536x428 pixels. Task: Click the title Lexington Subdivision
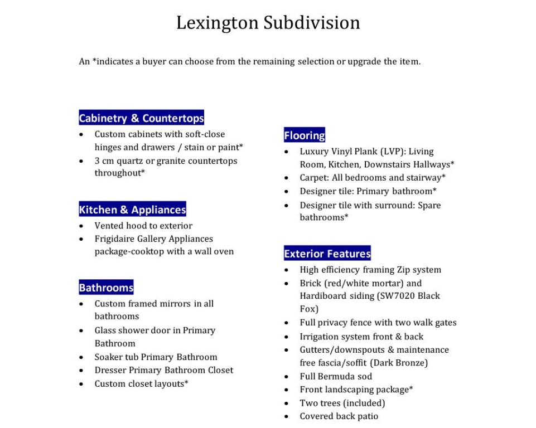click(268, 23)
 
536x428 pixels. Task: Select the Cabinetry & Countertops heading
click(141, 118)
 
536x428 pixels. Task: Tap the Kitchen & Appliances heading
click(132, 210)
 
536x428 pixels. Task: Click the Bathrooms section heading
click(106, 288)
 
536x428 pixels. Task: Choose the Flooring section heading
click(304, 135)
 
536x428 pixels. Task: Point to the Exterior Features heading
click(327, 254)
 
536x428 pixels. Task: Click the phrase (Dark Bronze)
click(399, 363)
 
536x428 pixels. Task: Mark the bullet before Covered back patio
click(287, 417)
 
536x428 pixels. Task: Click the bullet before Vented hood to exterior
click(81, 226)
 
